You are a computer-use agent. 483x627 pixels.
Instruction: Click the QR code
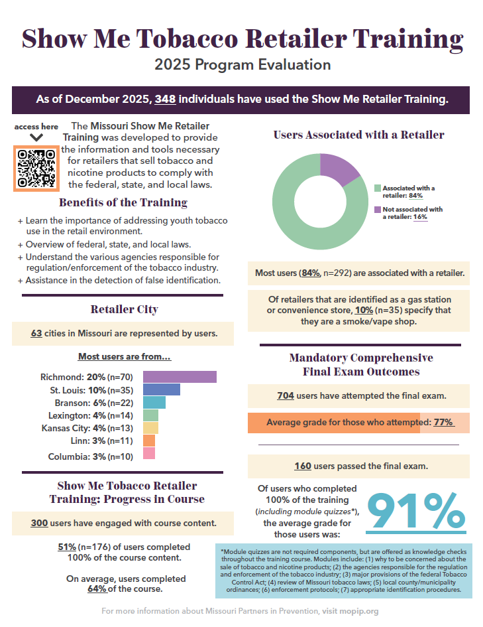point(36,169)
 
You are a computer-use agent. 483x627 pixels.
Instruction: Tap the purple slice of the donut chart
point(338,169)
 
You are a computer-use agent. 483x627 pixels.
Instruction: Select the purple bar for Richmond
point(180,377)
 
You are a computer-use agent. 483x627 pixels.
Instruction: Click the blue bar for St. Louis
point(161,389)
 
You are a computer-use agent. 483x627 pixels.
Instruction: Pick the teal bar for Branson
point(154,402)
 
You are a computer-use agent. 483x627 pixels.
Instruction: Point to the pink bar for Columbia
point(149,453)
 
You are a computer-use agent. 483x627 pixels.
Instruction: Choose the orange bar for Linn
point(149,441)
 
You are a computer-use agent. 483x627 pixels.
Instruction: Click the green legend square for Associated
point(377,188)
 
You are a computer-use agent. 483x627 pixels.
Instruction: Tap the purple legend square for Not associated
point(377,210)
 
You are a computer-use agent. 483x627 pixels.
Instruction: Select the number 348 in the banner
point(165,99)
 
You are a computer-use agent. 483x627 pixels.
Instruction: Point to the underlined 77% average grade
point(444,422)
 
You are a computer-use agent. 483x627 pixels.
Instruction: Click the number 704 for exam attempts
point(286,396)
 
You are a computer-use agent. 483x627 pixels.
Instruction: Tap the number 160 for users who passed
point(303,466)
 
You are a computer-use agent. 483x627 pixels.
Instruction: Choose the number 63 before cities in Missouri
point(36,334)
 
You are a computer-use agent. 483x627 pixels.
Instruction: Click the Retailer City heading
point(124,309)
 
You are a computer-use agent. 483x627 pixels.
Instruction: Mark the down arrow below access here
point(36,137)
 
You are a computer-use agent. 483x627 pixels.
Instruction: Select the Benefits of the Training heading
point(123,203)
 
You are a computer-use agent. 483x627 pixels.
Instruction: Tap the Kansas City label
point(66,428)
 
